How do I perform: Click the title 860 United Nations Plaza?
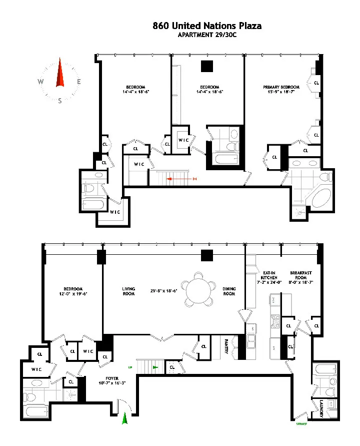206,26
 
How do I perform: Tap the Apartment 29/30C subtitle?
206,35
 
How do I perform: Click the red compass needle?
60,74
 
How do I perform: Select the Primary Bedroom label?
281,89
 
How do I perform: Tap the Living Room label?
128,291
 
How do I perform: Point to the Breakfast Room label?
301,275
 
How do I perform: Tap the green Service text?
301,424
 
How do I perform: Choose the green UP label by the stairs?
130,367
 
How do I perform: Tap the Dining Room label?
229,291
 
